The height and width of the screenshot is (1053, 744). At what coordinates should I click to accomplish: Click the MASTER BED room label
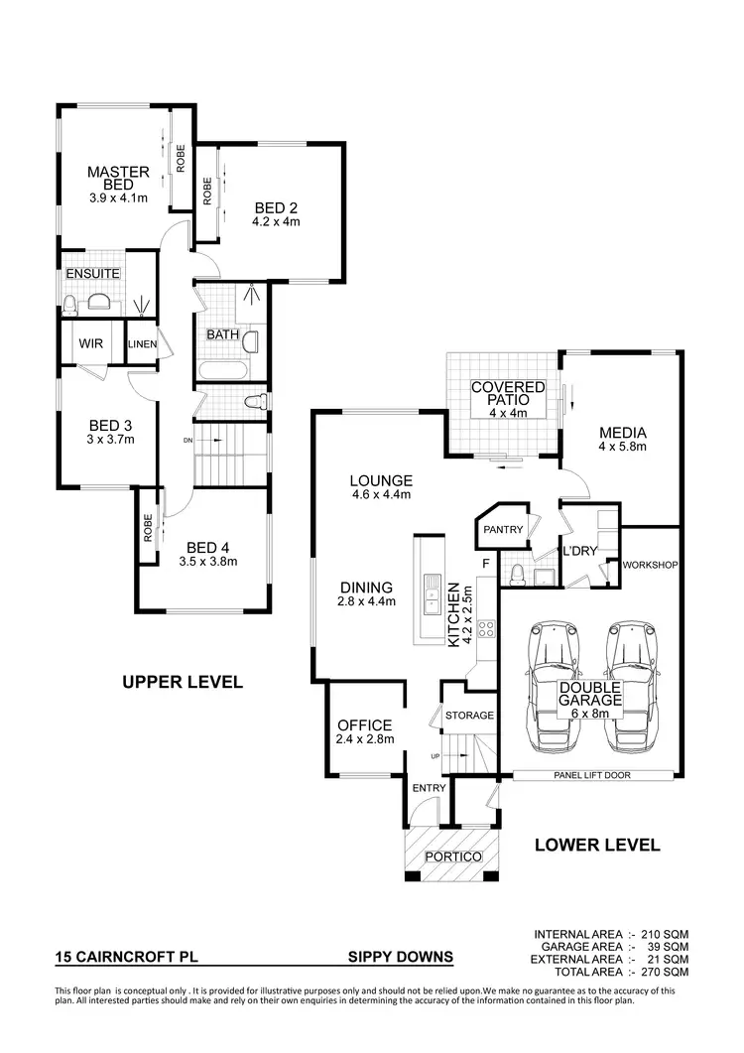(x=117, y=179)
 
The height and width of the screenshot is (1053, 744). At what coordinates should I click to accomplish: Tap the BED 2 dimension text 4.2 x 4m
(x=276, y=222)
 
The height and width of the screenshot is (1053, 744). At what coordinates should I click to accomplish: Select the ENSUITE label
(x=92, y=273)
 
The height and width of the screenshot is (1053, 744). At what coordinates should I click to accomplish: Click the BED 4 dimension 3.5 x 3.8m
(x=208, y=562)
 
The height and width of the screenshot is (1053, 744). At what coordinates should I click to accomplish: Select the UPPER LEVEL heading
(x=182, y=683)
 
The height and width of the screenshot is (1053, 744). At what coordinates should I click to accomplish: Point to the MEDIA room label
(x=622, y=433)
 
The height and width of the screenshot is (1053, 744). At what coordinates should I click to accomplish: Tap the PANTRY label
(x=503, y=530)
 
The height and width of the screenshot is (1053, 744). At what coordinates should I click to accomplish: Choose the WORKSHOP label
(x=650, y=566)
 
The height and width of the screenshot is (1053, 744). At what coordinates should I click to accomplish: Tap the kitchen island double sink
(x=433, y=601)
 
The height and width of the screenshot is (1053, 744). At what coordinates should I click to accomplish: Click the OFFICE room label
(x=364, y=725)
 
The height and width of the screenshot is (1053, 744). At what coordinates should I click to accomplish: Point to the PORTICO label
(x=452, y=856)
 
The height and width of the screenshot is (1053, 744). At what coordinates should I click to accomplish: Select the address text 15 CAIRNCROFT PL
(x=117, y=958)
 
